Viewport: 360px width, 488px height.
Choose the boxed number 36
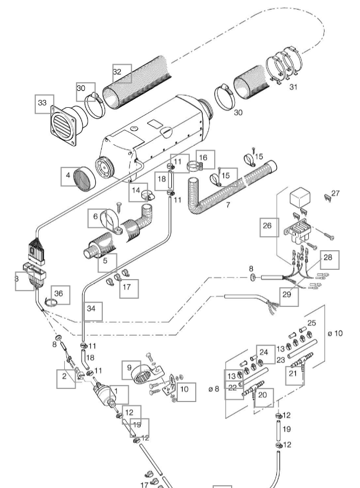[x=61, y=294]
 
